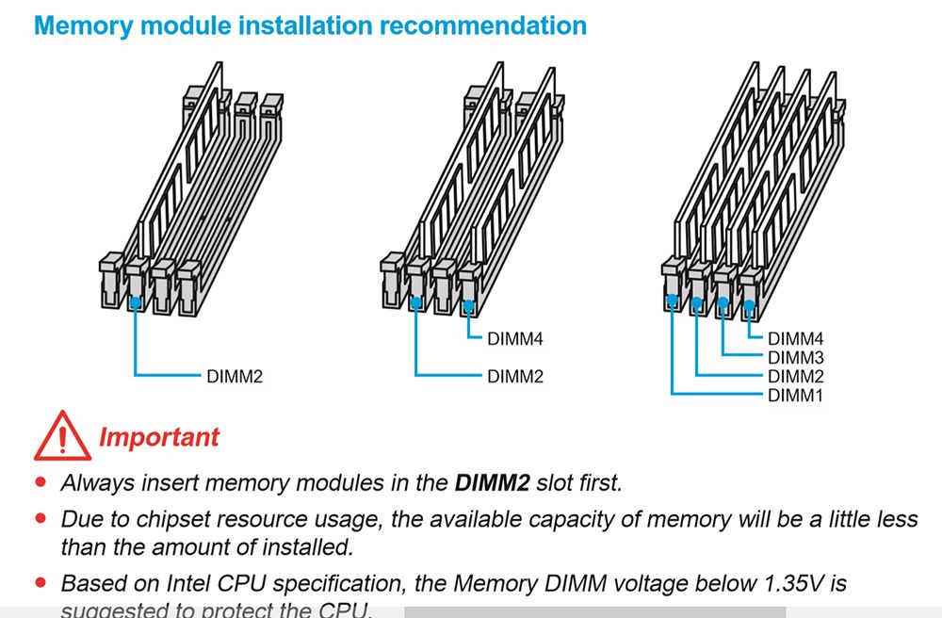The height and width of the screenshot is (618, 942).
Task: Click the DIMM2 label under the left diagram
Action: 235,377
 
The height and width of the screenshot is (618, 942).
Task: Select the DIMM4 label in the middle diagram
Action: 515,337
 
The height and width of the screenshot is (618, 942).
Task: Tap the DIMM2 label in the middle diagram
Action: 515,377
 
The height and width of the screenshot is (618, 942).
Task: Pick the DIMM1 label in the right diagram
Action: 796,395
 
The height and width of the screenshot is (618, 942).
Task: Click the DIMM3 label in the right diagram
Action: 796,357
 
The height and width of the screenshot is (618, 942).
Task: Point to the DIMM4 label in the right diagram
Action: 796,338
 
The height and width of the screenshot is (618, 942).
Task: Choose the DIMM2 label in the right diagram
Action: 796,376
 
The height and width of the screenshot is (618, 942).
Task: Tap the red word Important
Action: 158,437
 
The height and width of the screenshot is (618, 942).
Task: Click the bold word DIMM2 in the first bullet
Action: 493,484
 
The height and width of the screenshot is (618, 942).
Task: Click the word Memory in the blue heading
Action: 80,24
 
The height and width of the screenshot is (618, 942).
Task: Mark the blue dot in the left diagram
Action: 137,303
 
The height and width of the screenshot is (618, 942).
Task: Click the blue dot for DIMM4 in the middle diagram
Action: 469,304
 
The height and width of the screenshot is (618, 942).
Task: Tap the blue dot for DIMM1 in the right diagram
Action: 672,303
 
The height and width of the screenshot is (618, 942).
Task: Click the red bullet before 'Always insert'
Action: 41,482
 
